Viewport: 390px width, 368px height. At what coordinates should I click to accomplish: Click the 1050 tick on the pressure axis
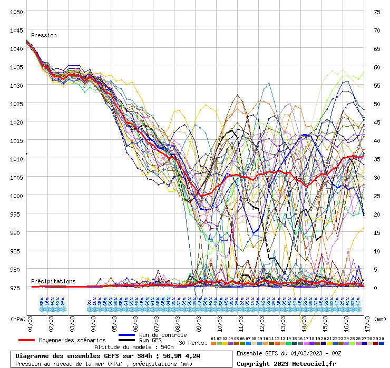coord(15,12)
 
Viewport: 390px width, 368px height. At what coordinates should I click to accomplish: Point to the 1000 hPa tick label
coord(15,196)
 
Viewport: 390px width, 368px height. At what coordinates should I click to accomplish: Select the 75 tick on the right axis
coord(377,12)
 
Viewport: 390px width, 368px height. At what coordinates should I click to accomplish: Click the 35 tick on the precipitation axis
coord(377,159)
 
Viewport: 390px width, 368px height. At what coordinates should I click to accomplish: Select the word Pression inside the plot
coord(44,36)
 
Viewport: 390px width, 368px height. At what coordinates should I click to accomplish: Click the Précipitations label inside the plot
coord(53,282)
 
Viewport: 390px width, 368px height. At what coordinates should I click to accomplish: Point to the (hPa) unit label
coord(18,319)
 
